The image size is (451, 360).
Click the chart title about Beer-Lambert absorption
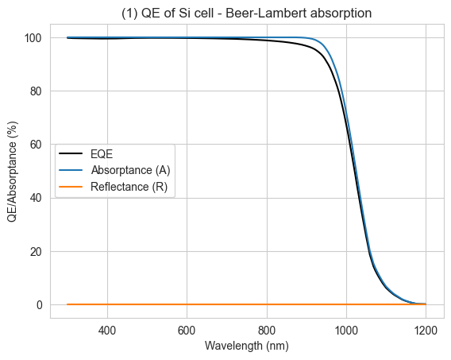(x=246, y=14)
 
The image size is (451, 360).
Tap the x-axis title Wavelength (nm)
(x=246, y=346)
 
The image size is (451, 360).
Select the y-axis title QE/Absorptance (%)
(x=13, y=172)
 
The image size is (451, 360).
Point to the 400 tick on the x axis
(x=107, y=331)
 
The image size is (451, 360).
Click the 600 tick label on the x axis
(x=187, y=331)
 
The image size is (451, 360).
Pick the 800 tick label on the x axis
(x=267, y=331)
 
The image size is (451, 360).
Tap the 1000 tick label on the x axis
(x=346, y=331)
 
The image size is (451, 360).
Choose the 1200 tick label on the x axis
(x=426, y=331)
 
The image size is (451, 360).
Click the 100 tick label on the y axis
(x=33, y=37)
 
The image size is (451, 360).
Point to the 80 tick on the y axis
(x=37, y=91)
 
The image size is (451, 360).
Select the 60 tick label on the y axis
(x=37, y=145)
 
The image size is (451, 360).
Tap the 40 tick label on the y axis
(x=37, y=198)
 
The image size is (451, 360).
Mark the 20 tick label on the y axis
(x=37, y=251)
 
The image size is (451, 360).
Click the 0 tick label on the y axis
(x=40, y=304)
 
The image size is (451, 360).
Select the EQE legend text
(x=102, y=154)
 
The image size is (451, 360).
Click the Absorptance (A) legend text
(x=130, y=170)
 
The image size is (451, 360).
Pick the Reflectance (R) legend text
(x=129, y=187)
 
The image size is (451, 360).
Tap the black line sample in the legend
(x=71, y=153)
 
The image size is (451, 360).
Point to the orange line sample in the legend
(x=71, y=187)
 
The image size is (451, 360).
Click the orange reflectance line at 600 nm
(x=187, y=304)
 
